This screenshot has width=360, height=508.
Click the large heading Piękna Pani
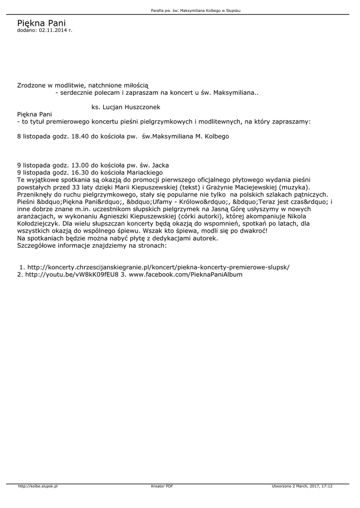(41, 23)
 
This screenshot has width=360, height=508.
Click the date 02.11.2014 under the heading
(53, 30)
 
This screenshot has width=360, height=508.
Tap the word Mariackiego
(145, 172)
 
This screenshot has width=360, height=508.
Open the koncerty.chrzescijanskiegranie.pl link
(158, 267)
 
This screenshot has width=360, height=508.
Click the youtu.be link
(72, 274)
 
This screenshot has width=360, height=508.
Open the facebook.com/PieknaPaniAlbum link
(186, 274)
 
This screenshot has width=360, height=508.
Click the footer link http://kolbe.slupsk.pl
(38, 486)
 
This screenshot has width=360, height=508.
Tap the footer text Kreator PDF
(162, 486)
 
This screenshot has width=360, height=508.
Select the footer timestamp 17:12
(327, 486)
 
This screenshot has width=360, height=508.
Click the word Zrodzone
(32, 85)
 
